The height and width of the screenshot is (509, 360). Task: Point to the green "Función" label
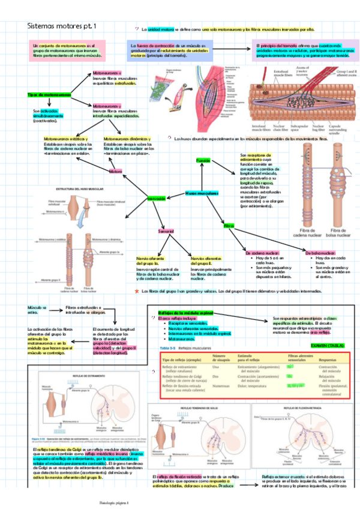[203, 160]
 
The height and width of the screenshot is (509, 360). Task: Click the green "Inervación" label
[156, 198]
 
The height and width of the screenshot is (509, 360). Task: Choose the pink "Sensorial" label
[166, 231]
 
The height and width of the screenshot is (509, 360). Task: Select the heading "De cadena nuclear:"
[263, 253]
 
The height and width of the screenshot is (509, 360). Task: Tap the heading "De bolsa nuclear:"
[322, 253]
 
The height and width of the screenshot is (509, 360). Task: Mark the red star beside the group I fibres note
[137, 291]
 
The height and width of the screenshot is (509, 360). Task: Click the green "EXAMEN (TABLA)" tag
[328, 346]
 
